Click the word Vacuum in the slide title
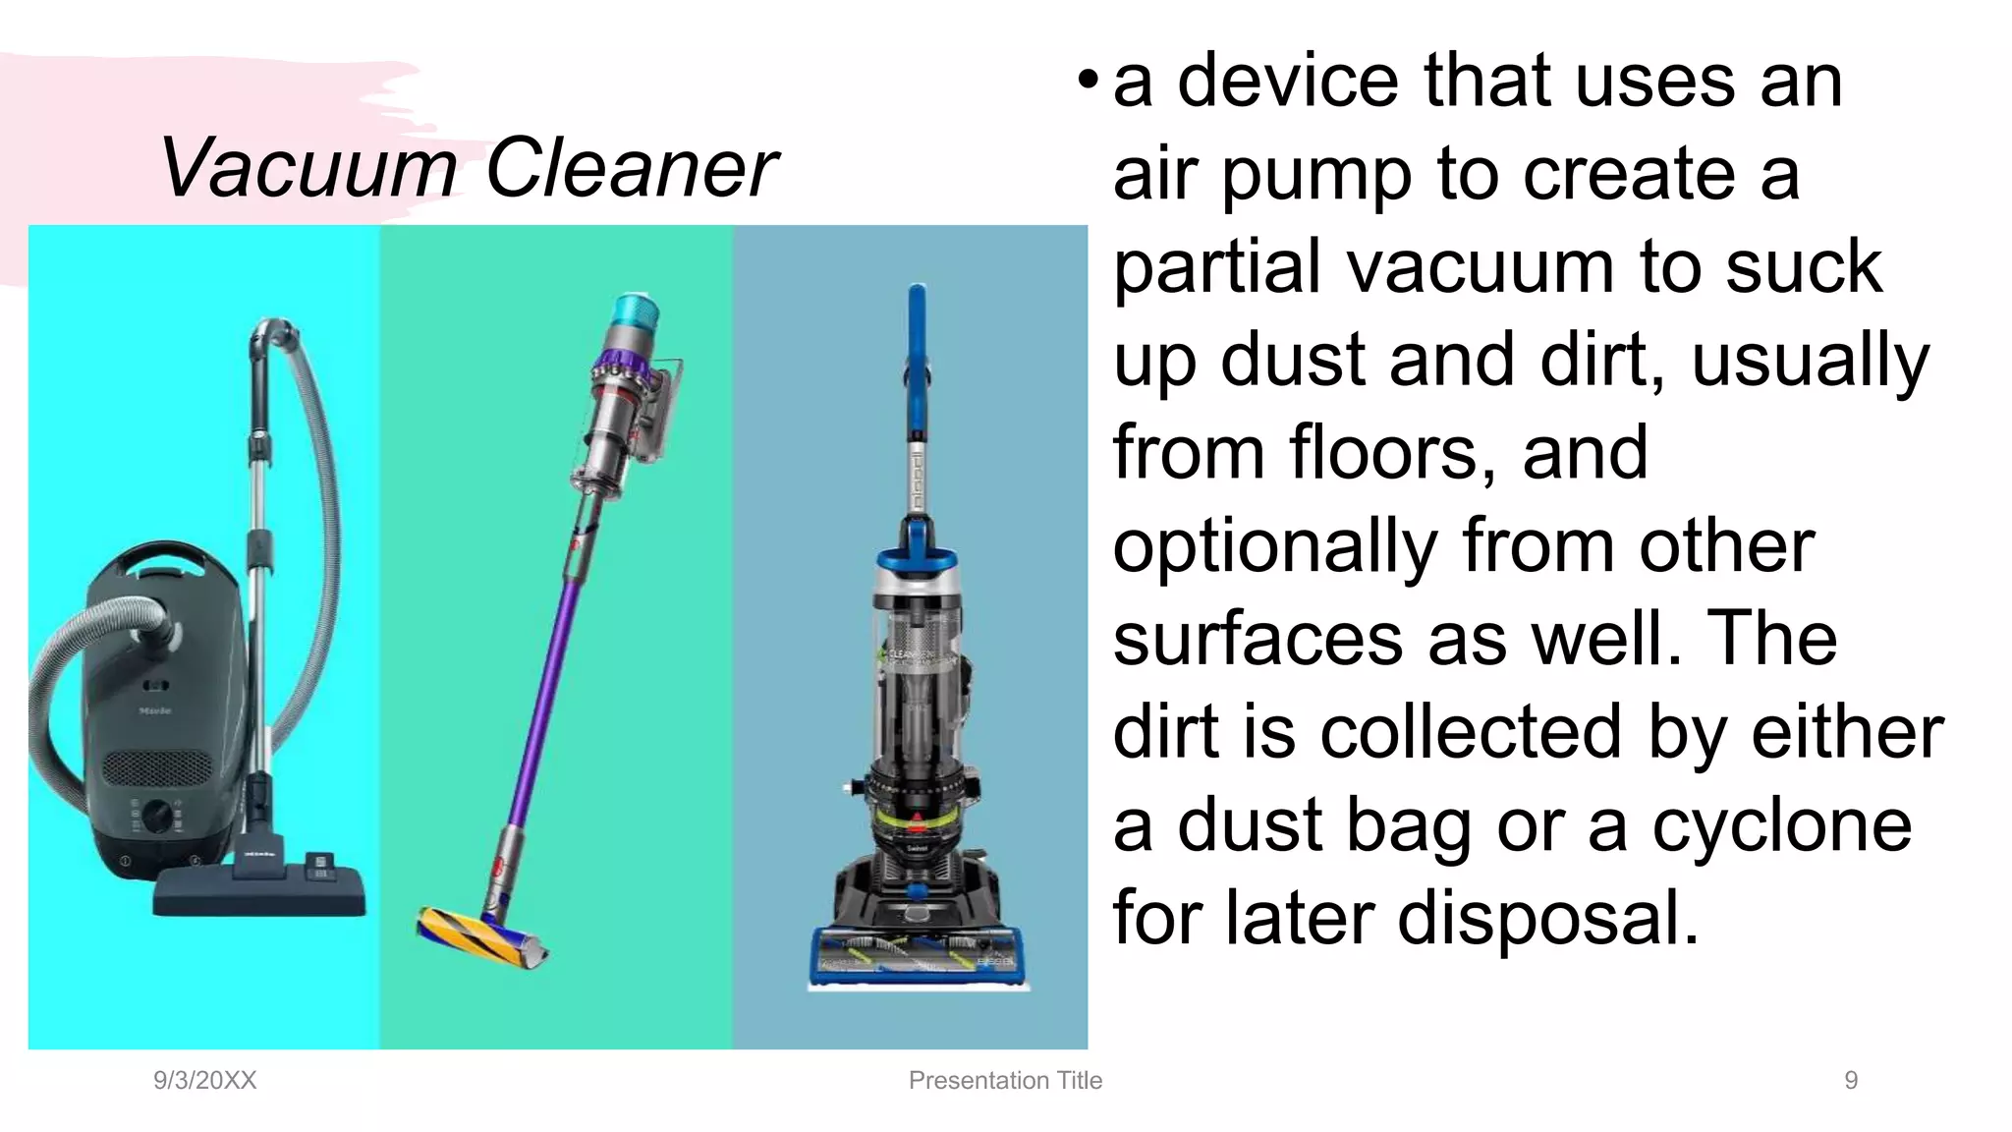pyautogui.click(x=308, y=168)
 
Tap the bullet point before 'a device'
pyautogui.click(x=1087, y=81)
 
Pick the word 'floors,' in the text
pyautogui.click(x=1393, y=454)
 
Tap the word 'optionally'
pyautogui.click(x=1274, y=546)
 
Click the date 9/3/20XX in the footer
pyautogui.click(x=204, y=1080)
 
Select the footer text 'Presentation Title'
pyautogui.click(x=1005, y=1080)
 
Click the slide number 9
pyautogui.click(x=1851, y=1080)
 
